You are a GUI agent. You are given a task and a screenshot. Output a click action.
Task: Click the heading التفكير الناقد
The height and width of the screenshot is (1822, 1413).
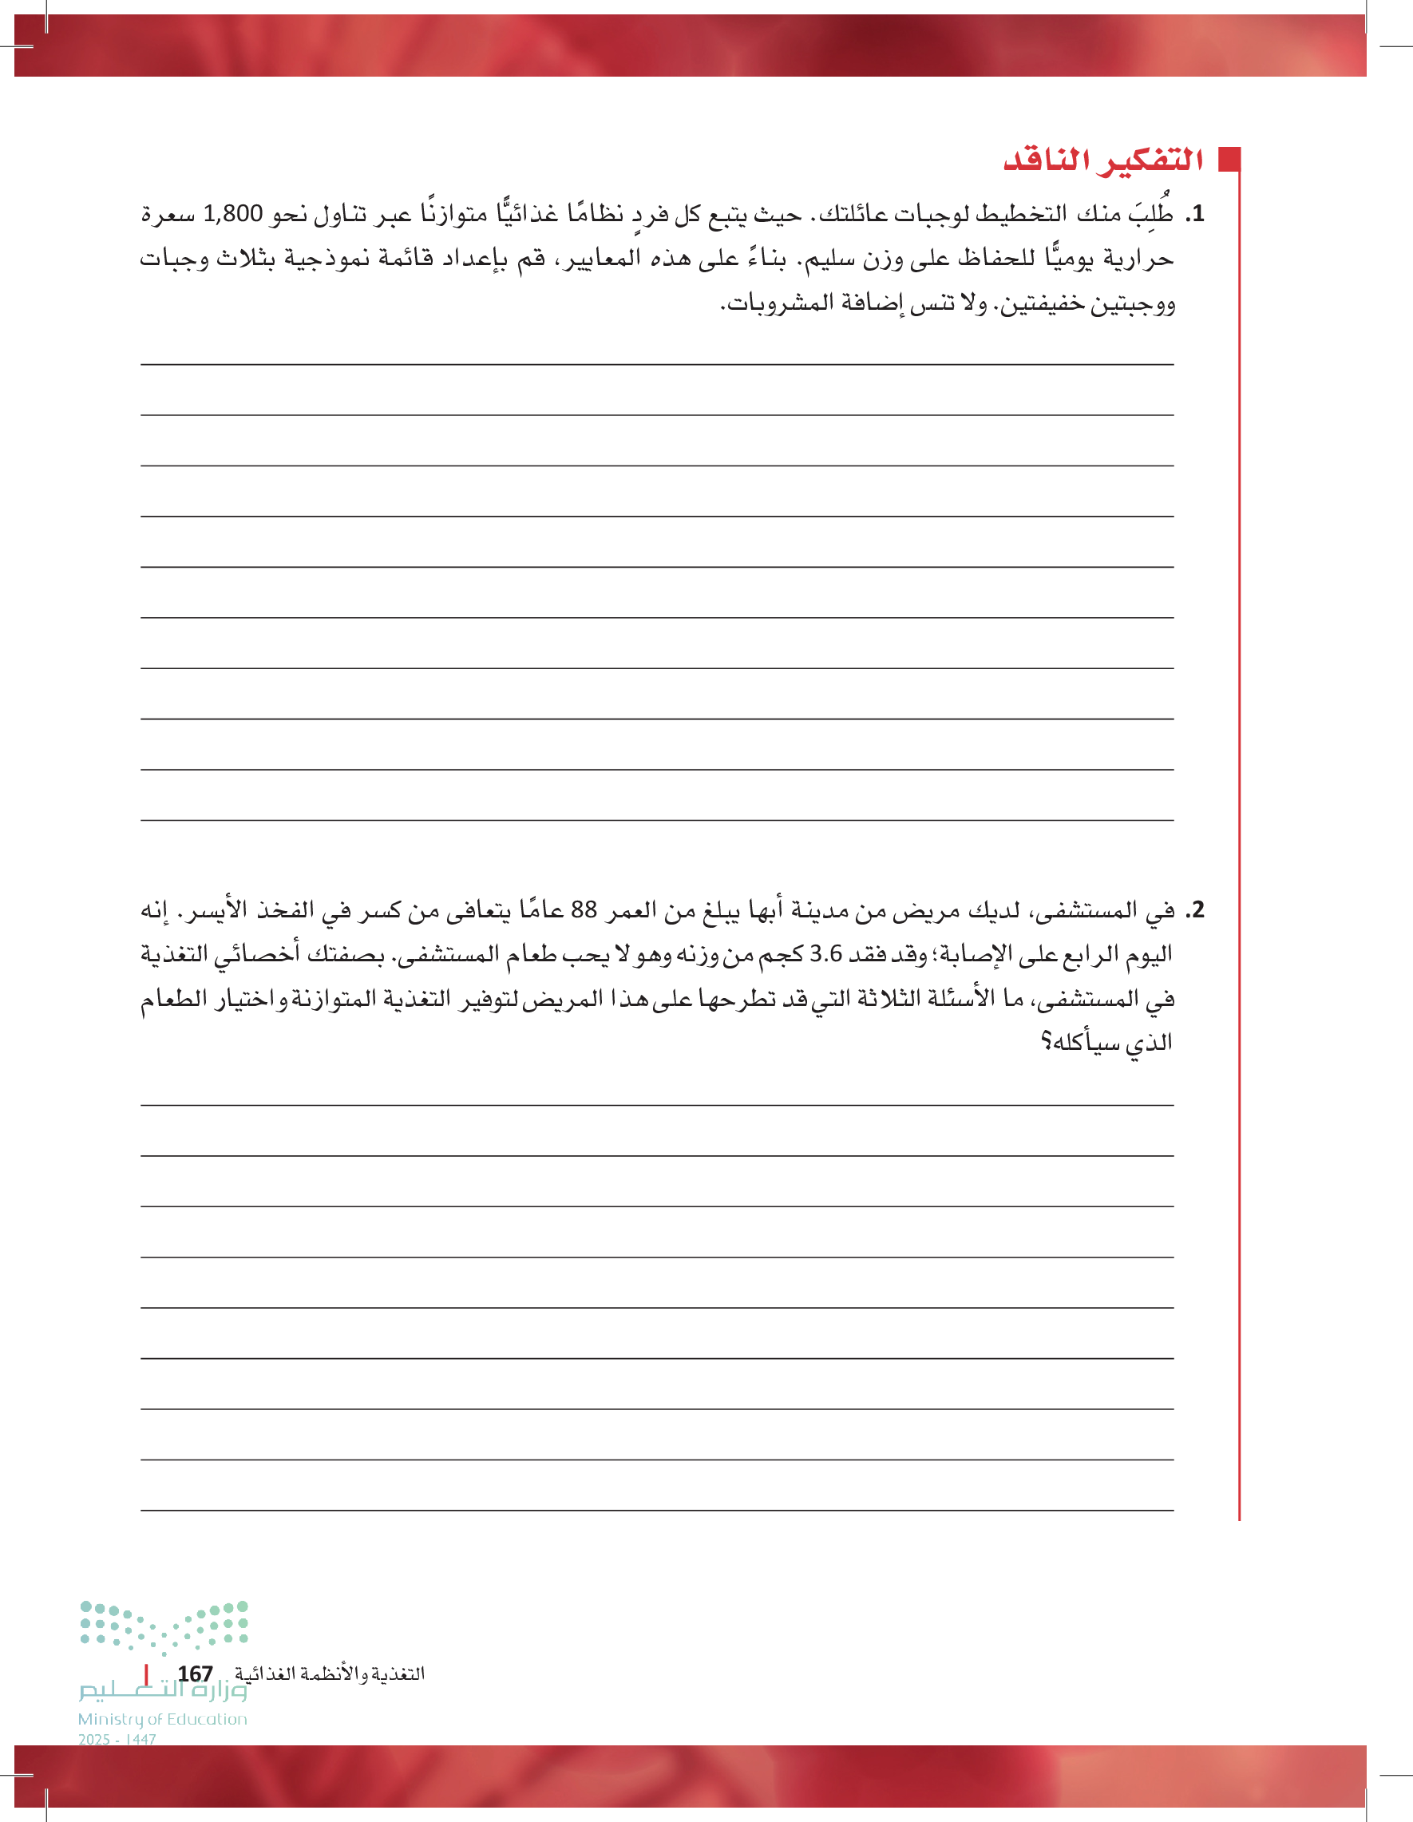1102,160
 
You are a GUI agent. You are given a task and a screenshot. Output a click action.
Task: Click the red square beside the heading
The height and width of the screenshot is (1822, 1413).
1229,160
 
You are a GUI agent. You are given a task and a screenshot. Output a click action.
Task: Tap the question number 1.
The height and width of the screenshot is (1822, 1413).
1196,215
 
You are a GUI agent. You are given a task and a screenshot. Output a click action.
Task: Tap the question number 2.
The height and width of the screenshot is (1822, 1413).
1196,909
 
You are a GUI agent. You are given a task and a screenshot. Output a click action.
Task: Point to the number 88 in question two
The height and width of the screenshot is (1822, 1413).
584,909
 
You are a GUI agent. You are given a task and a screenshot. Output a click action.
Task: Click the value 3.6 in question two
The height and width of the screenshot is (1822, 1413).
825,953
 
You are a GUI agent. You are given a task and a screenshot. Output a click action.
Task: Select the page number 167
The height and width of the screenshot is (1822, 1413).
195,1673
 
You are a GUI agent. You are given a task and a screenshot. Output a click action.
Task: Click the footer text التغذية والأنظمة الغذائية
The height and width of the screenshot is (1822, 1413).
330,1673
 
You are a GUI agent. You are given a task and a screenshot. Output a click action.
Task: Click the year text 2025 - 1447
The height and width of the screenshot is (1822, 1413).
117,1740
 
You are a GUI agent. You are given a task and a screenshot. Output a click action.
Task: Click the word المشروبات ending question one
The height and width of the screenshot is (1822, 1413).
768,302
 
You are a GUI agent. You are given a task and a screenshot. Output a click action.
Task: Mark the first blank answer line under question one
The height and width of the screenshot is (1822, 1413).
657,364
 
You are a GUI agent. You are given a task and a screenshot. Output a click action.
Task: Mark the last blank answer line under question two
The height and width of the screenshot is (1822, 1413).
657,1510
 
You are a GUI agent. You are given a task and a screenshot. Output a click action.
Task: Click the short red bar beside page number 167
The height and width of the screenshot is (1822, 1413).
147,1673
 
